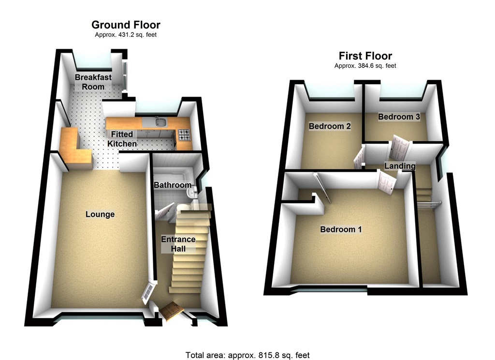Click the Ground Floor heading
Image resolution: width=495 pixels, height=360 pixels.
tap(126, 25)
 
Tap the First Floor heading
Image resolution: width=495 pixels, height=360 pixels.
tap(365, 56)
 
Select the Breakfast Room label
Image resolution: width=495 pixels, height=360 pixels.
tap(93, 82)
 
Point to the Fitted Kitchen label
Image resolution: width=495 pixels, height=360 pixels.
tap(122, 139)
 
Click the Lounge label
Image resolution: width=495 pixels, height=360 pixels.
tap(100, 214)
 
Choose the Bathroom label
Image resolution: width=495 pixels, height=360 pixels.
tap(173, 185)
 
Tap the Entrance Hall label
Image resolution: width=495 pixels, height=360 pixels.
tap(178, 244)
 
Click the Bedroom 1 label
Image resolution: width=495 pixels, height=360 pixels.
tap(341, 229)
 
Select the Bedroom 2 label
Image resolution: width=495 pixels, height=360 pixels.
tap(330, 127)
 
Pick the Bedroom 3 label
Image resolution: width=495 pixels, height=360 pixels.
tap(399, 117)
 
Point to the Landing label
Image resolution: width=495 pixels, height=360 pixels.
tap(400, 166)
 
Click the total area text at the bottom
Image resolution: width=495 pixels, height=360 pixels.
tap(247, 355)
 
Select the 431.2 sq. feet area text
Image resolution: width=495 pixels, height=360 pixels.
tap(126, 35)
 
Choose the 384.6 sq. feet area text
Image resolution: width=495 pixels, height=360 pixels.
tap(365, 66)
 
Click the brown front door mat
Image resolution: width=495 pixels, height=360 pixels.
tap(172, 311)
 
